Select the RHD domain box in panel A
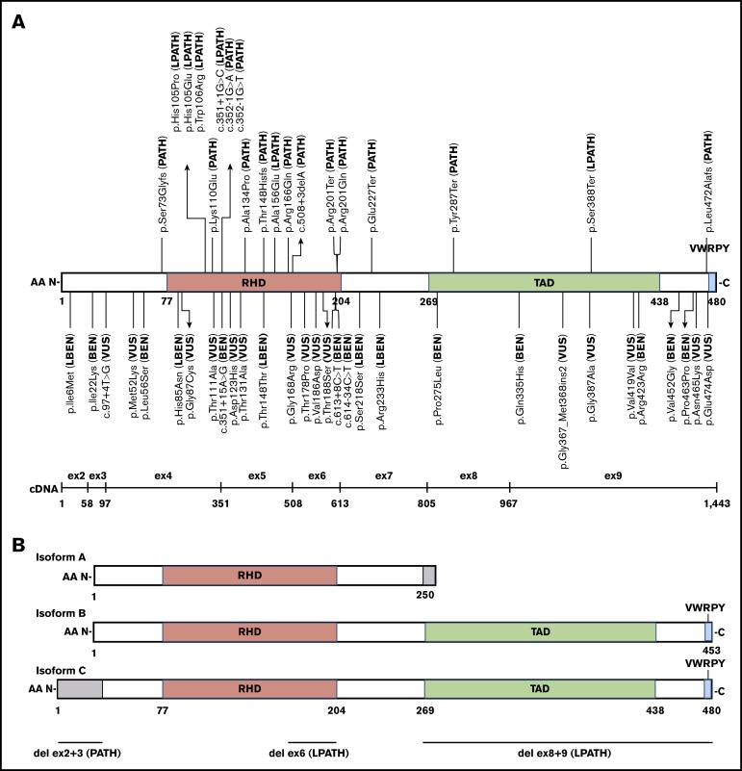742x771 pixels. coord(254,283)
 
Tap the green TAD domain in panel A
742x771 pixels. coord(544,283)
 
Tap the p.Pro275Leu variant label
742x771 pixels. coord(438,370)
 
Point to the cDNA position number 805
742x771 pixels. coord(427,503)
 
